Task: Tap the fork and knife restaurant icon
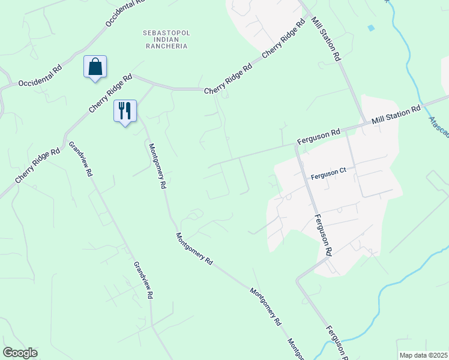pos(125,111)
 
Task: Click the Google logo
pos(20,353)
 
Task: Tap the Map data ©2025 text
pos(423,355)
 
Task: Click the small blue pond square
pos(370,28)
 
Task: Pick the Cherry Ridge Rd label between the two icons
pos(110,94)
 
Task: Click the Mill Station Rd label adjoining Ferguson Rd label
pos(396,116)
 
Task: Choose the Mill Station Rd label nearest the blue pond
pos(326,40)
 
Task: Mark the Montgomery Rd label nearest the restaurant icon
pos(156,166)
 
